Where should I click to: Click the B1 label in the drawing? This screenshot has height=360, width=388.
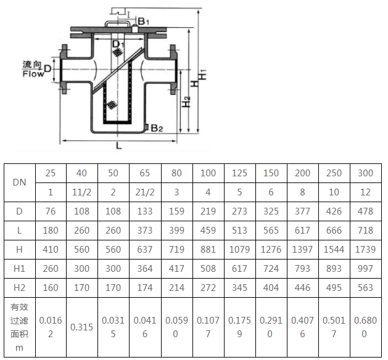click(143, 21)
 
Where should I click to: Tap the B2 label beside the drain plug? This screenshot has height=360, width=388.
click(157, 128)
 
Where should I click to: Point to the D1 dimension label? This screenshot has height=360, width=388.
click(118, 44)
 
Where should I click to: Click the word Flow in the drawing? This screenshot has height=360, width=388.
click(33, 74)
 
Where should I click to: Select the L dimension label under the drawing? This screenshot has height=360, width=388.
click(119, 146)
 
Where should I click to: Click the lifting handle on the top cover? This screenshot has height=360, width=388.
click(117, 22)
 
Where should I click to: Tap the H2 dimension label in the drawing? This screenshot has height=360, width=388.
click(186, 102)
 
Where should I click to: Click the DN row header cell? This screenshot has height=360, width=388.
click(20, 182)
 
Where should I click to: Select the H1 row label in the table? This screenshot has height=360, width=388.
click(20, 269)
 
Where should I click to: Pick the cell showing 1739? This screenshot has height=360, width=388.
click(365, 250)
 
